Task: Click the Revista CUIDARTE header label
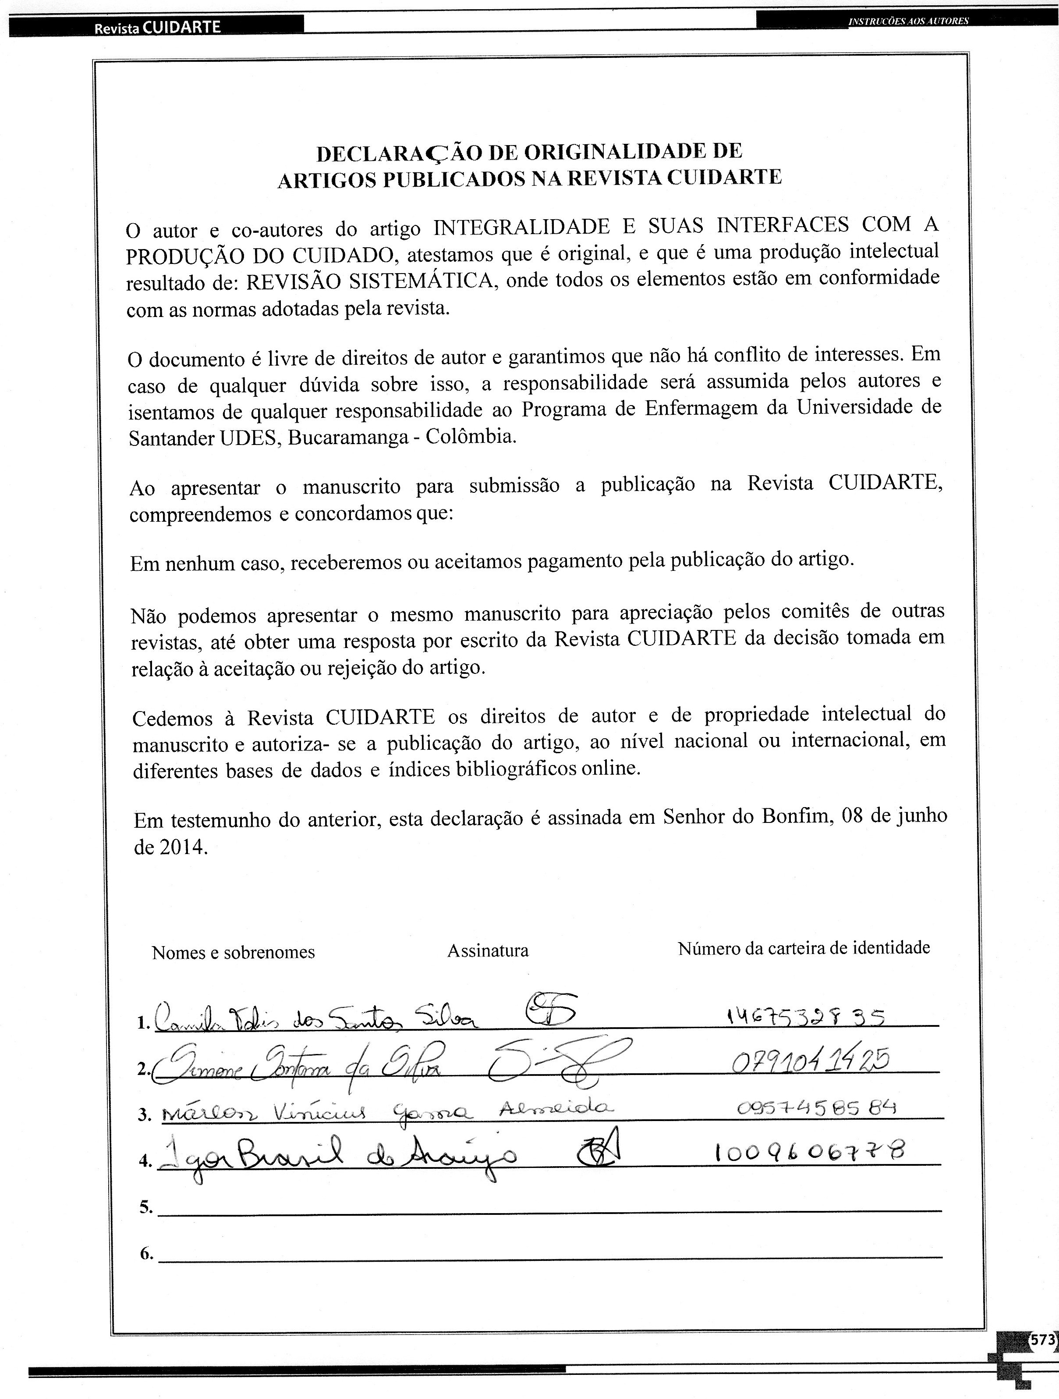(x=157, y=27)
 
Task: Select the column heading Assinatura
(x=488, y=950)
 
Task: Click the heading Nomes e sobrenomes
(x=233, y=953)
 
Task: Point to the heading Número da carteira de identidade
(x=804, y=948)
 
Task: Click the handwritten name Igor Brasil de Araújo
(x=338, y=1156)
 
